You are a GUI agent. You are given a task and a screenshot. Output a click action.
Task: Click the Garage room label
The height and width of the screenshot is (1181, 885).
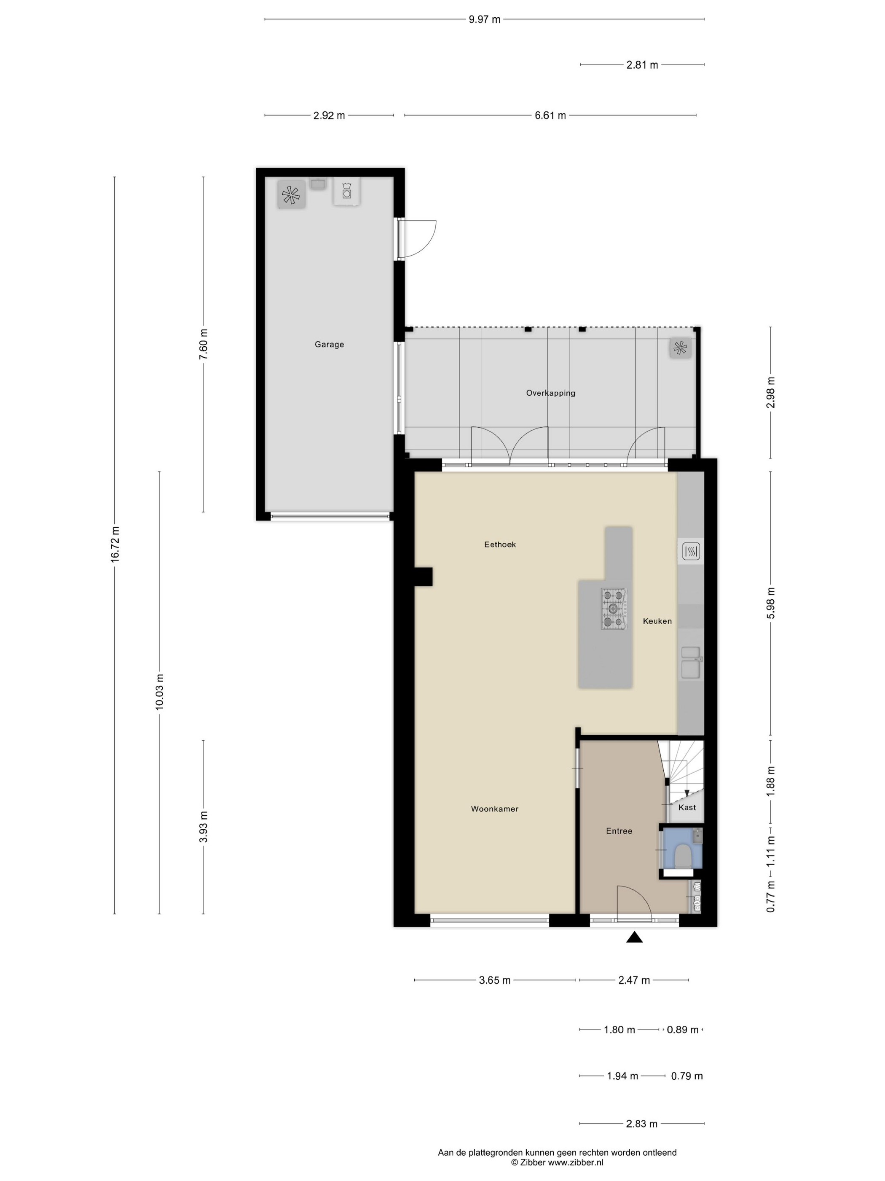329,344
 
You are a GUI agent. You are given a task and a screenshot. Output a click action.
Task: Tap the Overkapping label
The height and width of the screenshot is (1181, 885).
550,393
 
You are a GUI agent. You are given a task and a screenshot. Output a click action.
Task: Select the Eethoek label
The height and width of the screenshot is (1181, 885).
499,545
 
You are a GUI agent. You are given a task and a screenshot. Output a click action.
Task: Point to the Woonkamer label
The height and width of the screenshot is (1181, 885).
494,809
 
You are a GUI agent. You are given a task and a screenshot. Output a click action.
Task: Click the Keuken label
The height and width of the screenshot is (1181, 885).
657,621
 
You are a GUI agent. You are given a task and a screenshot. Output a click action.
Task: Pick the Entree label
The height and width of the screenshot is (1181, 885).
619,831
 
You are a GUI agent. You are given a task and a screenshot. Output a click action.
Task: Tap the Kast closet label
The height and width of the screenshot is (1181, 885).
687,807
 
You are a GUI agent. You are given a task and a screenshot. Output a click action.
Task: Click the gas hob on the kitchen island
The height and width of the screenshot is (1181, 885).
614,609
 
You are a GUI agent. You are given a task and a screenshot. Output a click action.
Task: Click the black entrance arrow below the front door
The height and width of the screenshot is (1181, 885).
634,937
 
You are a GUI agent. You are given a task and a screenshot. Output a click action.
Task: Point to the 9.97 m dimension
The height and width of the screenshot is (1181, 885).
484,20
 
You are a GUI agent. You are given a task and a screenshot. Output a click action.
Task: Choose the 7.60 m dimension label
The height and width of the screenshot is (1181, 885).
203,344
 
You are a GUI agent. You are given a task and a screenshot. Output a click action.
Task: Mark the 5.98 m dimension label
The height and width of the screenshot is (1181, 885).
770,603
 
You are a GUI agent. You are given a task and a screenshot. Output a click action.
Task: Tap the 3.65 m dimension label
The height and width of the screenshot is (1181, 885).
494,980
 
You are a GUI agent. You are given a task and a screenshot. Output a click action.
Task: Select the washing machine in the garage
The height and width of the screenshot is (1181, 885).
346,191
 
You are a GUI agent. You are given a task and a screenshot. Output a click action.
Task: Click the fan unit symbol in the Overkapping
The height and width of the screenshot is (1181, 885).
680,348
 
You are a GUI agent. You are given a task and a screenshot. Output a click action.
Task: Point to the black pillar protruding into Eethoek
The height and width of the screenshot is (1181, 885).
424,577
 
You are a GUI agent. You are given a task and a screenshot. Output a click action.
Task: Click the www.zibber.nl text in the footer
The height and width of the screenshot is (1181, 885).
576,1162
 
